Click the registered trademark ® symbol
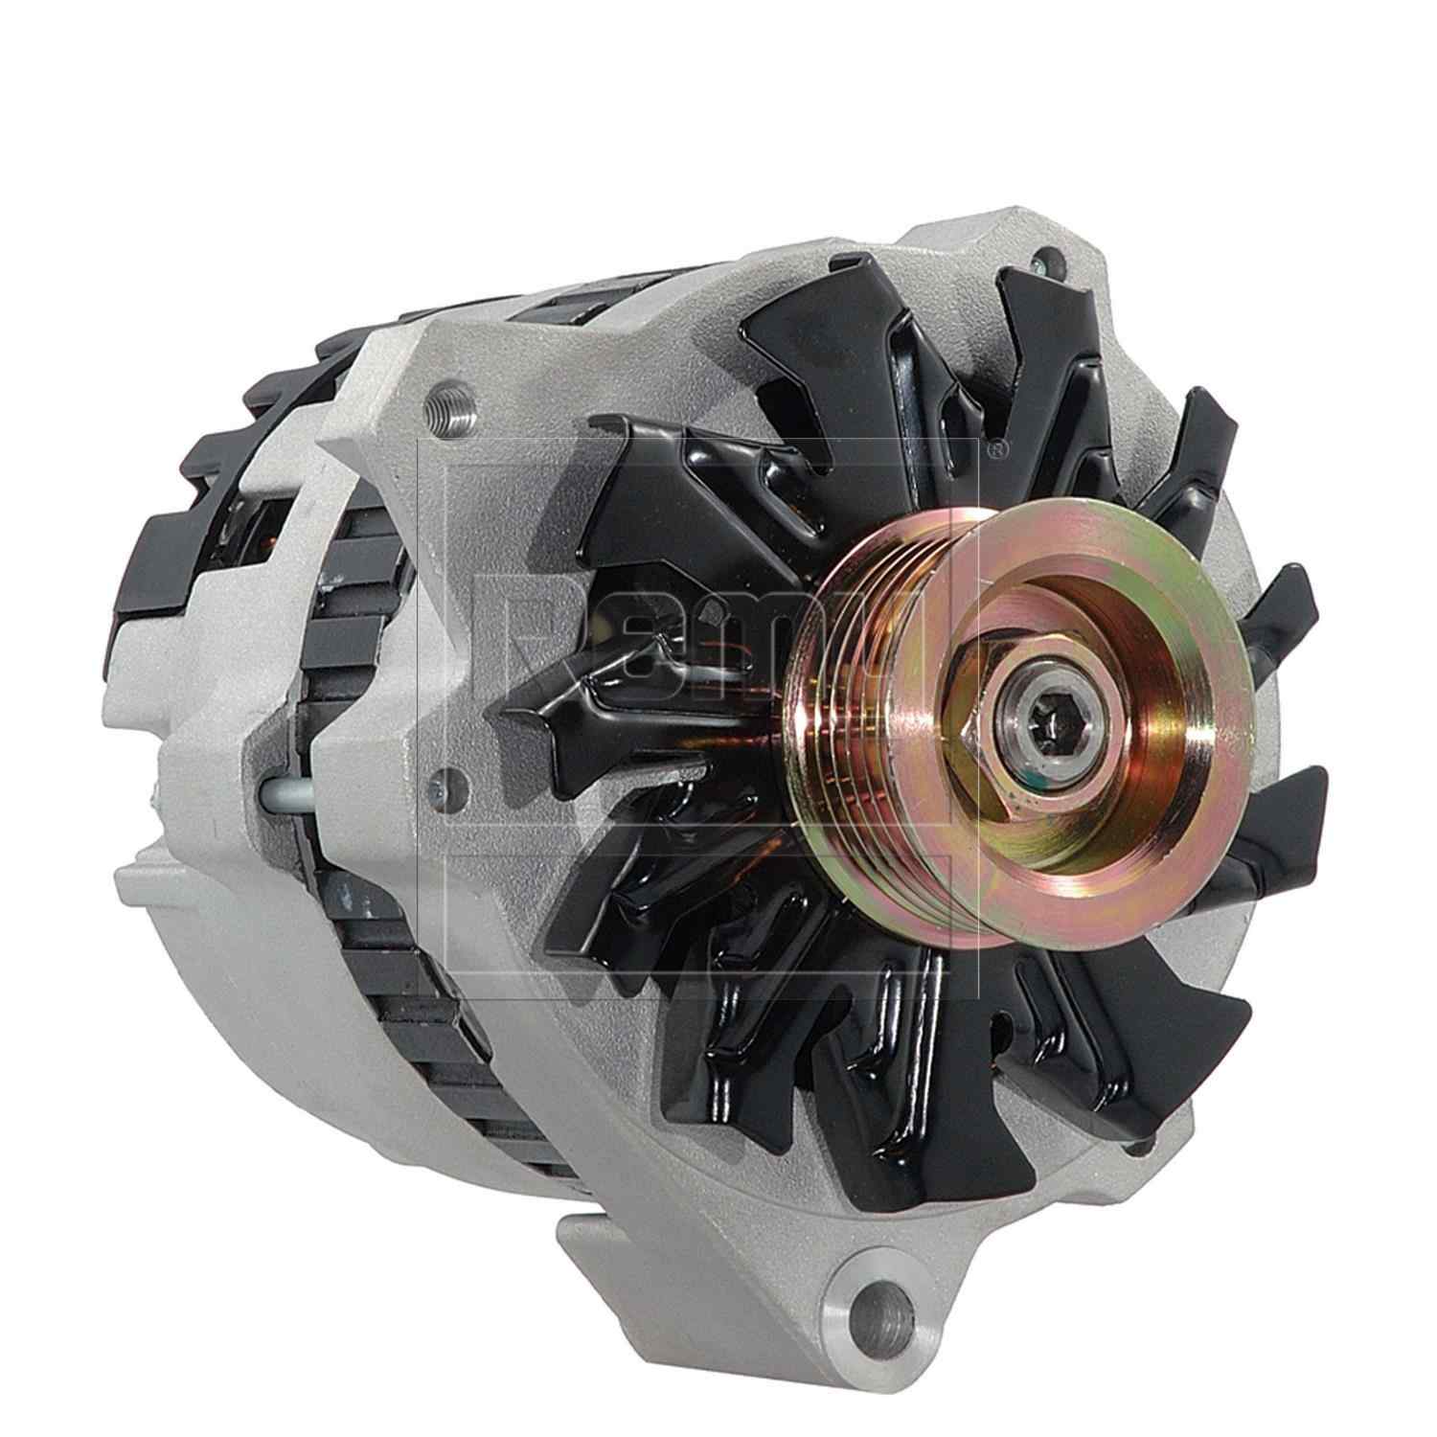(x=996, y=445)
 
